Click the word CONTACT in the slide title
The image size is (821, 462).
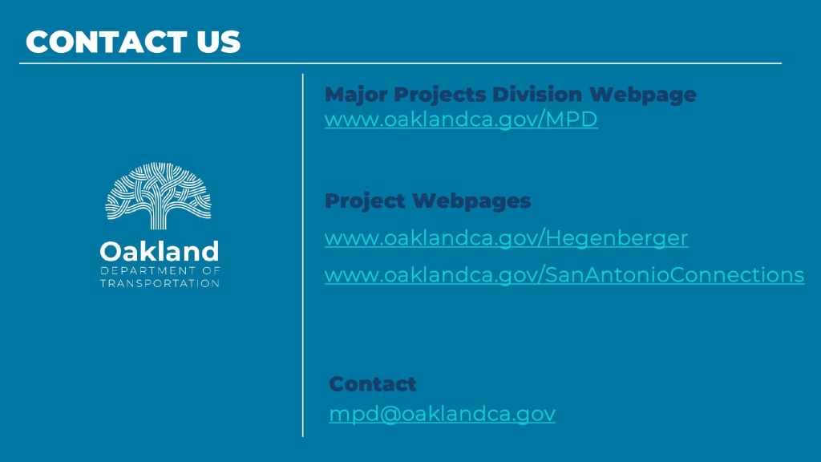tap(107, 42)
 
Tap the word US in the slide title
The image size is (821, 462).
tap(219, 42)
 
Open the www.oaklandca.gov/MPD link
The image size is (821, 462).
tap(461, 120)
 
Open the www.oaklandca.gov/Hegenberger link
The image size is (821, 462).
tap(507, 238)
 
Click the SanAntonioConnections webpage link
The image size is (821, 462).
tap(564, 275)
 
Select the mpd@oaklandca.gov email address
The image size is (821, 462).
tap(442, 414)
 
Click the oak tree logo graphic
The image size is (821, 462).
tap(158, 196)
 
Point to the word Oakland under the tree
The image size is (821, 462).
tap(160, 251)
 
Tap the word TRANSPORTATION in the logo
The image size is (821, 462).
tap(160, 283)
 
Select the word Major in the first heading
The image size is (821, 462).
tap(356, 95)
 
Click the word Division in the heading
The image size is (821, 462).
tap(537, 95)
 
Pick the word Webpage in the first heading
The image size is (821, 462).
tap(643, 95)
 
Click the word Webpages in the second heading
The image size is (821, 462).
tap(471, 201)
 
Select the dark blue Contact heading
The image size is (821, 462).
tap(373, 384)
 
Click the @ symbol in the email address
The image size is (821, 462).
tap(390, 414)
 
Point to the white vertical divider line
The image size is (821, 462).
tap(302, 255)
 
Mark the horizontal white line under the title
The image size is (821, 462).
tap(401, 63)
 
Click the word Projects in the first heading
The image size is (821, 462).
tap(440, 95)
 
